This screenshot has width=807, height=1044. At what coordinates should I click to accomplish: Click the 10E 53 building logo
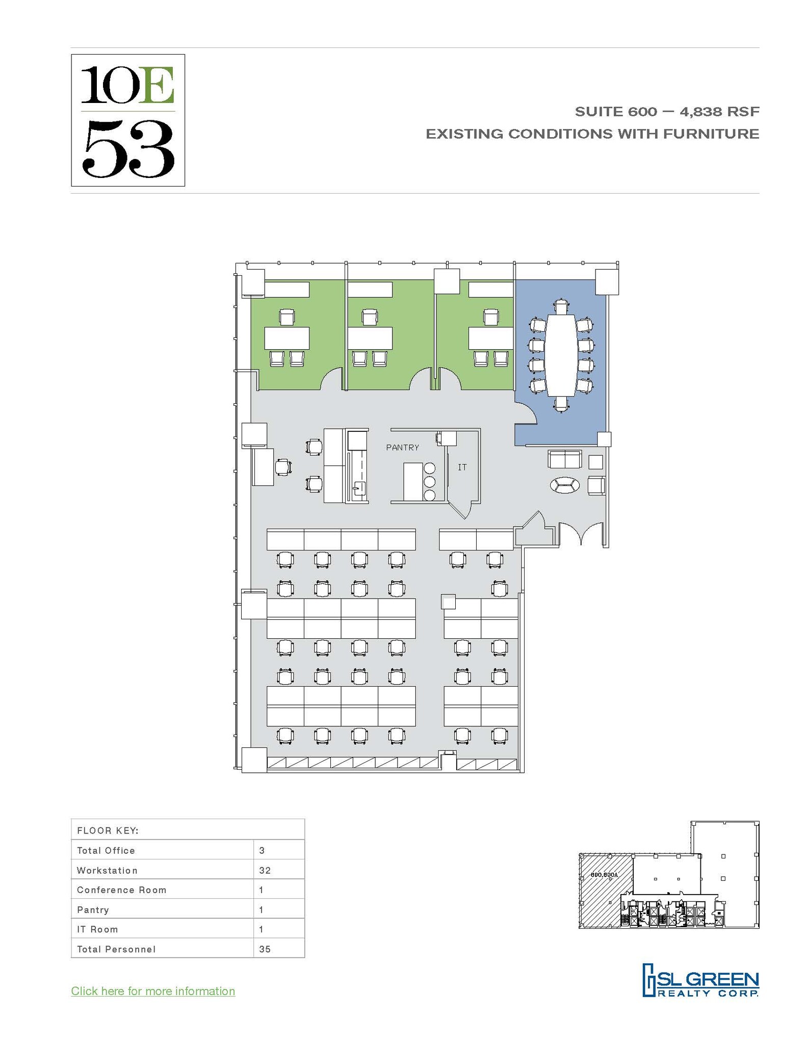coord(127,120)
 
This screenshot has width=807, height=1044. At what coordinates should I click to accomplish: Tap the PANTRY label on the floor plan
coord(402,448)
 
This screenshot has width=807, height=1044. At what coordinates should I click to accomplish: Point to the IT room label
coord(462,467)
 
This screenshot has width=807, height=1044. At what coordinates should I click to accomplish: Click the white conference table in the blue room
coord(561,355)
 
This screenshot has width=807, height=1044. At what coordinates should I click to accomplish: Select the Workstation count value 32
coord(265,870)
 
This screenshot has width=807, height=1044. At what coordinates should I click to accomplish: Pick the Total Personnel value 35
coord(265,949)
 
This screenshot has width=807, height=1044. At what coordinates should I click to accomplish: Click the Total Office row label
coord(106,850)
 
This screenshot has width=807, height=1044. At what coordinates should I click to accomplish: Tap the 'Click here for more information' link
coord(153,991)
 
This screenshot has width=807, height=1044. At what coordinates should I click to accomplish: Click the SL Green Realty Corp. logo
coord(700,980)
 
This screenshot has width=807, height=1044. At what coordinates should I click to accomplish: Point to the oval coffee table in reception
coord(564,485)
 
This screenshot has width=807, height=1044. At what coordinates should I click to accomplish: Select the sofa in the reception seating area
coord(564,459)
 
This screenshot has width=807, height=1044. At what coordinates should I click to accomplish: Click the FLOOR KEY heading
coord(108,830)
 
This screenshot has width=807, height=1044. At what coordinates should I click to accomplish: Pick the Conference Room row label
coord(121,890)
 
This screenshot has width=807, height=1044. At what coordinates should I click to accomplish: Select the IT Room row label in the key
coord(97,929)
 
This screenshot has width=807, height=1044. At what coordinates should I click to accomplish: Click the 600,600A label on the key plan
coord(604,875)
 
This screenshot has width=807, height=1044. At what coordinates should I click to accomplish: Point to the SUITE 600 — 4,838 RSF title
coord(667,111)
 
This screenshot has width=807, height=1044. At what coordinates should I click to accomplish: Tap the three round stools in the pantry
coord(429,481)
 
